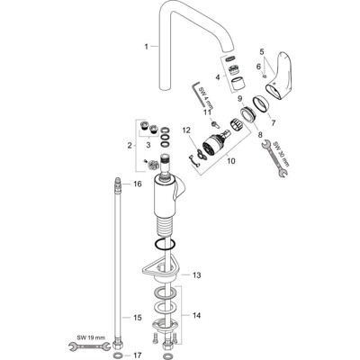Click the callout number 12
tap(185, 131)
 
